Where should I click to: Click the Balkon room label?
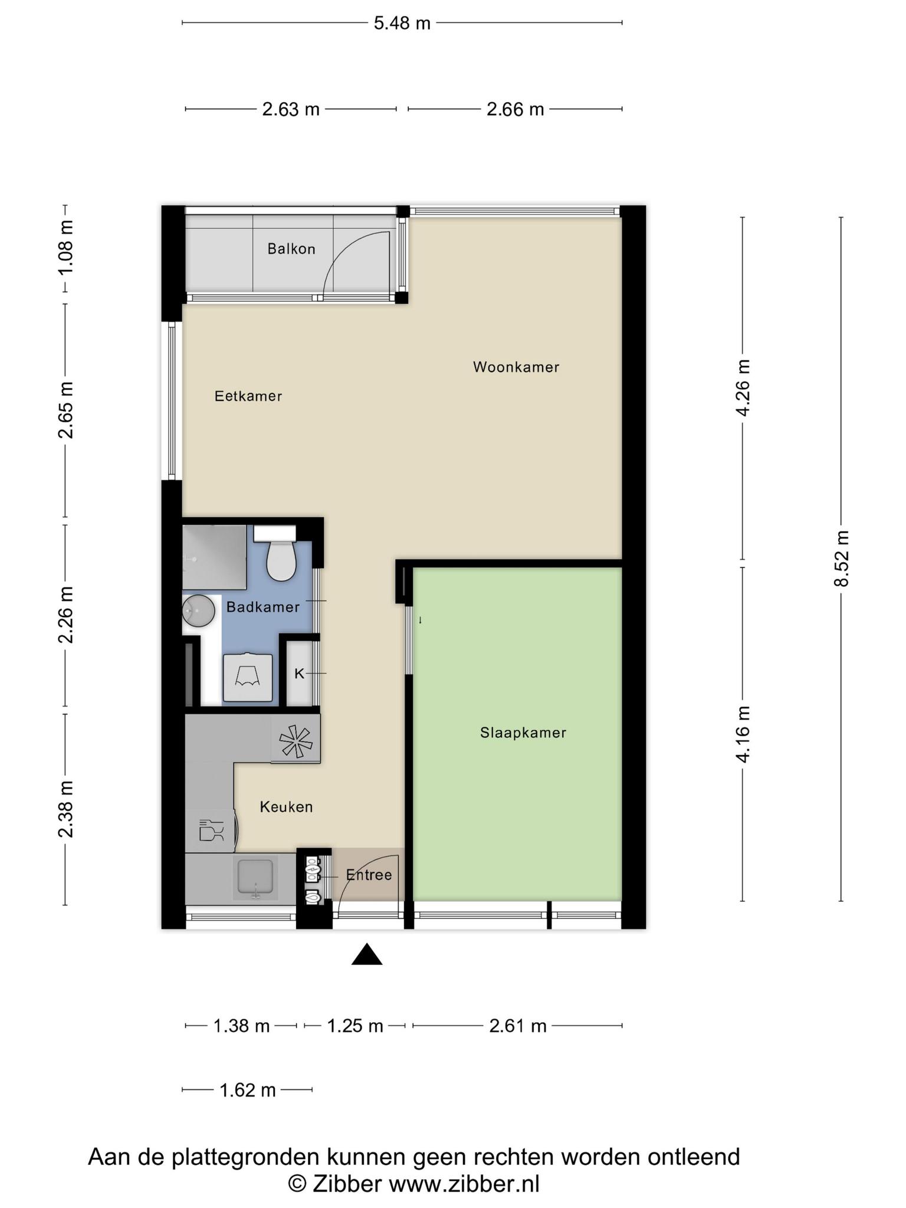[x=291, y=249]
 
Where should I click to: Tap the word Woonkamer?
[x=516, y=367]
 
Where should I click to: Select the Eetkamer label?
[x=248, y=396]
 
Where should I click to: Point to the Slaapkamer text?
[x=523, y=733]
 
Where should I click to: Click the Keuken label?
[x=287, y=807]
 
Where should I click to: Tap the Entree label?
[x=369, y=875]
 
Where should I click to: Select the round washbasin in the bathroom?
[x=198, y=610]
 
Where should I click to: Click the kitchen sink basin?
[x=255, y=877]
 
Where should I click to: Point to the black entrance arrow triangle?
[x=367, y=954]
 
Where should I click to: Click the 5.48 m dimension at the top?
[x=402, y=23]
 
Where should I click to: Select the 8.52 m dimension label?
[x=842, y=558]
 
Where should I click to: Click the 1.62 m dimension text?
[x=248, y=1090]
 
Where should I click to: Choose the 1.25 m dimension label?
[x=355, y=1026]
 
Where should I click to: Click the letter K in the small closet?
[x=299, y=674]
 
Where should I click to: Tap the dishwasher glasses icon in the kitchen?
[x=211, y=830]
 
